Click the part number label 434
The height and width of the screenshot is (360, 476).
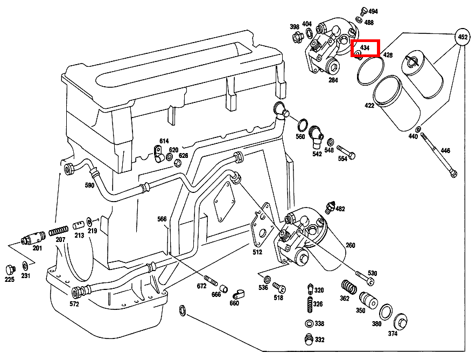(365, 48)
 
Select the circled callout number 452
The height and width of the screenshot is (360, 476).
(461, 37)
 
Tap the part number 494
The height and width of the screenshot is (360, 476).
(373, 11)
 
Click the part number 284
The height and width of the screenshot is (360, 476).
(333, 80)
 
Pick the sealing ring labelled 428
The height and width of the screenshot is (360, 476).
(371, 71)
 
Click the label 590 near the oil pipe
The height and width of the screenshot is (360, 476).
(89, 185)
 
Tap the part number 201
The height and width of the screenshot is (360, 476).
(37, 248)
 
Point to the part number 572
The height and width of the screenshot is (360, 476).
(74, 304)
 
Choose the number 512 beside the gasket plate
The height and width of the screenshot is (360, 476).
(257, 252)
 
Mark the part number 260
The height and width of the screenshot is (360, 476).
(351, 245)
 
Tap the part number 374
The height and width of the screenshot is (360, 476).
(393, 334)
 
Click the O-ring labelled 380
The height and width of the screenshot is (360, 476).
(386, 311)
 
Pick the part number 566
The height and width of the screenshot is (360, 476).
(162, 219)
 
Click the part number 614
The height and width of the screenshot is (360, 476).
(164, 141)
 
